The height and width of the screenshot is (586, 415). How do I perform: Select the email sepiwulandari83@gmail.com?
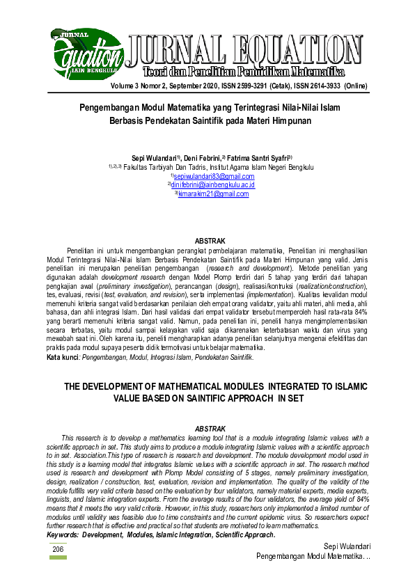pos(213,177)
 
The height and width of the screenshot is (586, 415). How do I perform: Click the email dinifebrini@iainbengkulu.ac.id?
pos(213,185)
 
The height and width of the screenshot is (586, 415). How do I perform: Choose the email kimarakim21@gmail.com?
pos(214,194)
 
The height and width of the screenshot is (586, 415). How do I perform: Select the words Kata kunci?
pos(62,357)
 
